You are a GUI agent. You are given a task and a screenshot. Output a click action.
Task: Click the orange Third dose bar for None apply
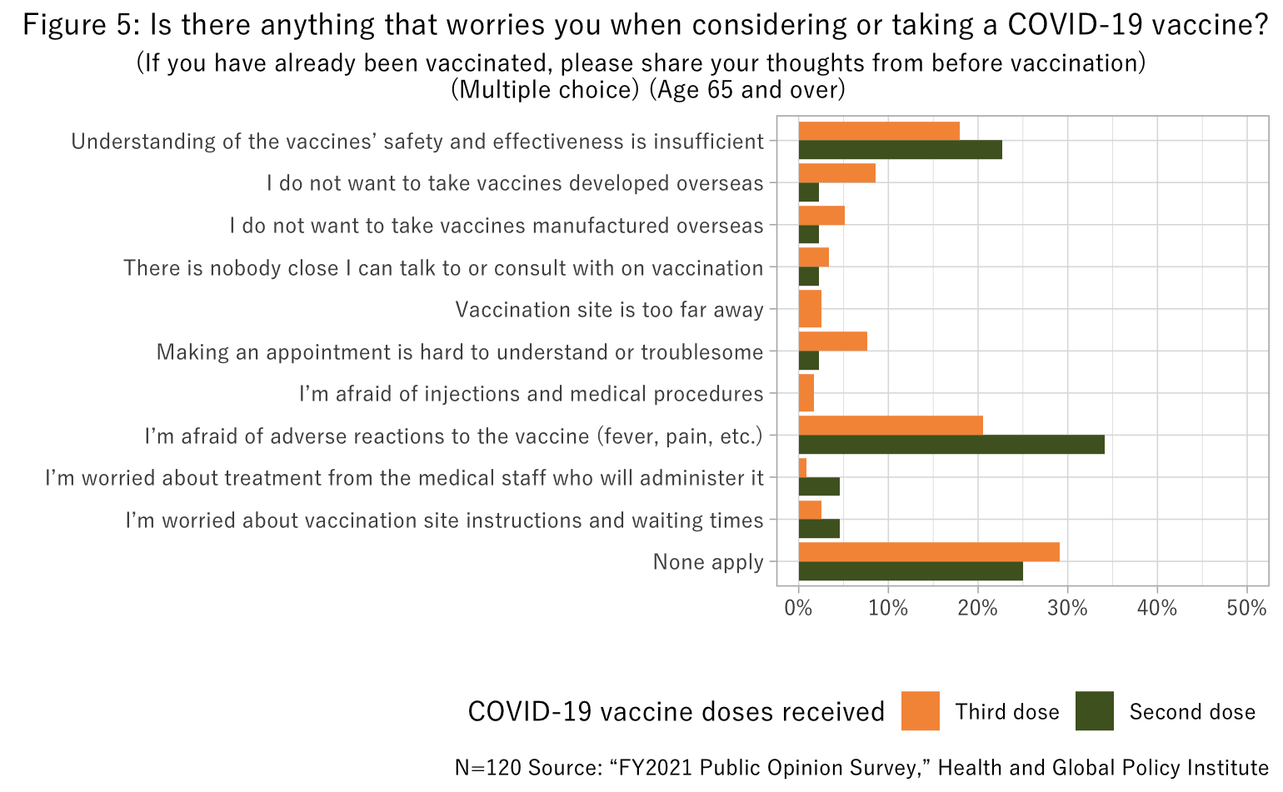929,552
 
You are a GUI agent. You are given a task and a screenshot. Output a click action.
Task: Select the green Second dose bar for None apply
911,571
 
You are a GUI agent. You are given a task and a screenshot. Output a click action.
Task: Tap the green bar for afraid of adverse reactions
951,445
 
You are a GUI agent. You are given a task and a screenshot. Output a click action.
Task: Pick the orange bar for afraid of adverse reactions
891,426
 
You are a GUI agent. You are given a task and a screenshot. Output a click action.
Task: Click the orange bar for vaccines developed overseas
836,172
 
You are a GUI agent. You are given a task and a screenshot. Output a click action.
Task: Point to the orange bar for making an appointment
832,341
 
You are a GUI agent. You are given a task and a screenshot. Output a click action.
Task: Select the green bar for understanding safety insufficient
900,150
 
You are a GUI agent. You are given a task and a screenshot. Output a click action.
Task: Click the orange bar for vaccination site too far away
810,308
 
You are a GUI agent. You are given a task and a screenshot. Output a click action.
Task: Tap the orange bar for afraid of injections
806,393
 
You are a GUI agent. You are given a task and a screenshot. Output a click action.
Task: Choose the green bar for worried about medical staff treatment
819,486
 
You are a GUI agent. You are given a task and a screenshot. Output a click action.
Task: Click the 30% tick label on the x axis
1067,609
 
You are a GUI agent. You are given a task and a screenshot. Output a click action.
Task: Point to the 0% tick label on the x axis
798,609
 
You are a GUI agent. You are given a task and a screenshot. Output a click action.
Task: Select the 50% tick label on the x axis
1246,609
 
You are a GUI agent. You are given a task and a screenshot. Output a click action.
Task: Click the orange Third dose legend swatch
920,711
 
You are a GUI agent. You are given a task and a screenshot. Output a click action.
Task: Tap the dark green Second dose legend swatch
1094,711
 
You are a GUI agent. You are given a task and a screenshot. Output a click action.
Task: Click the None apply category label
708,562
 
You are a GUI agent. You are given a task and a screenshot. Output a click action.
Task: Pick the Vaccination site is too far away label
609,310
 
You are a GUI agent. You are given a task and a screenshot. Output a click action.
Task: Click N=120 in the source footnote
488,767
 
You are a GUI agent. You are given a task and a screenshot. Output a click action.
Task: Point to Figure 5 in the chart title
81,25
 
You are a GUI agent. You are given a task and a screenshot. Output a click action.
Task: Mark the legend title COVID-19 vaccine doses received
676,712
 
